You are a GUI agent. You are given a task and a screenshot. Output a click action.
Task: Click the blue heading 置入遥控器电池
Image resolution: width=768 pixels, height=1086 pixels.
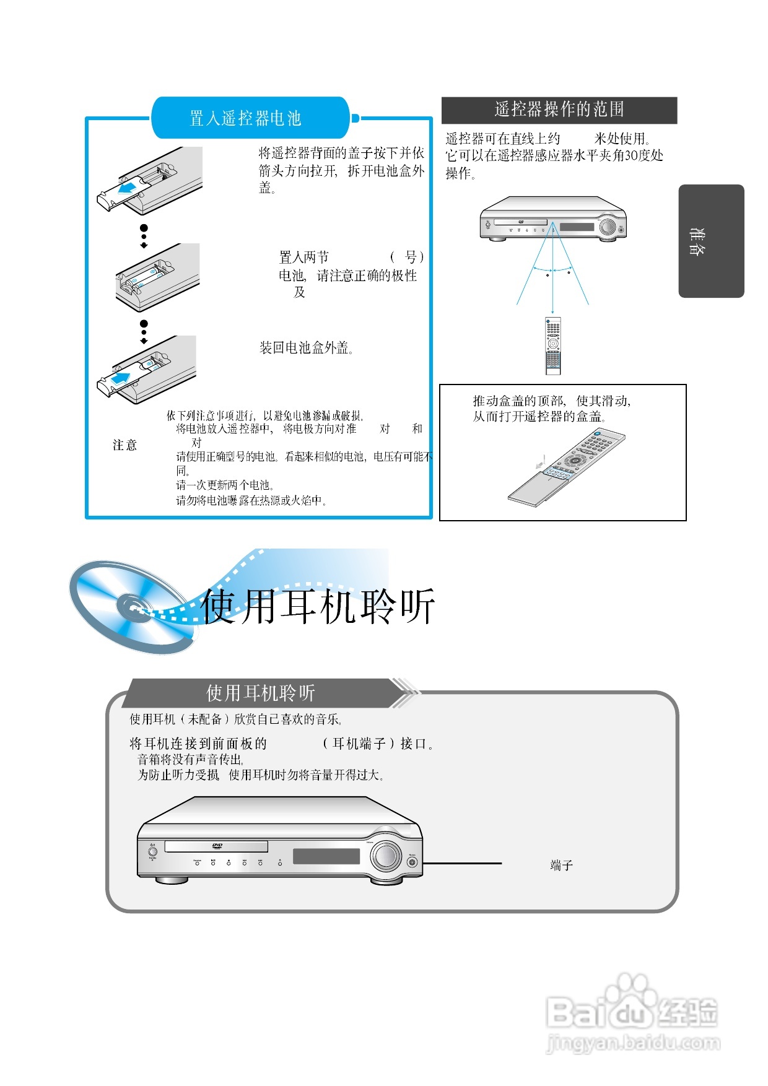click(245, 118)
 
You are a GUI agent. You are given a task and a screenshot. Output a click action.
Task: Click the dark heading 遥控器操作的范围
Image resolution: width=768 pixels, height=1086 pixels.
click(559, 110)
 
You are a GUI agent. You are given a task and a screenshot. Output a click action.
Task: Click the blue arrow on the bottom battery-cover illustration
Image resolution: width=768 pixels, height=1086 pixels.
click(121, 378)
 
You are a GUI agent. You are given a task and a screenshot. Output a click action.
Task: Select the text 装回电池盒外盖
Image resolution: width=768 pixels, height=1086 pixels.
click(306, 348)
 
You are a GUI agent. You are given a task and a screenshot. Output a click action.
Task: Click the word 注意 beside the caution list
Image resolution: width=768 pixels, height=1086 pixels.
click(124, 445)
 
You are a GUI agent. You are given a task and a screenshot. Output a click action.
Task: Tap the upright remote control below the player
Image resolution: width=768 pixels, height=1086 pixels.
click(552, 345)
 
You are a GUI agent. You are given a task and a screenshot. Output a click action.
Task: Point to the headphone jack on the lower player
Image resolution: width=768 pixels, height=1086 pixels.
click(412, 862)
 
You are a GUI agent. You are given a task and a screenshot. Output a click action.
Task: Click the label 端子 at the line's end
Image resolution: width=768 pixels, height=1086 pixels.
click(561, 865)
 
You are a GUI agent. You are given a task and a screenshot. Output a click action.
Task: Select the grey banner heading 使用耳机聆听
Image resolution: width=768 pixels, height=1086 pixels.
click(260, 693)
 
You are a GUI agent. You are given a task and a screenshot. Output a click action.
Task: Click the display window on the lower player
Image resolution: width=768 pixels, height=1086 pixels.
click(326, 856)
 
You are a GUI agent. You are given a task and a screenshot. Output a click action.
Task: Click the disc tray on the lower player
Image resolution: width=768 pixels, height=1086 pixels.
click(216, 846)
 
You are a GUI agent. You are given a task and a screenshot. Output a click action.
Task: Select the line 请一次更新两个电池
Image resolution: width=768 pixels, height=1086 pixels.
click(225, 485)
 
